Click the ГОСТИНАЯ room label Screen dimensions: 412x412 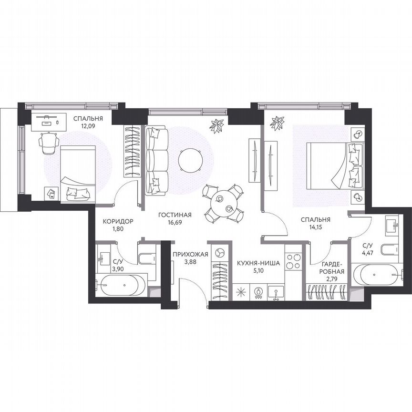pyautogui.click(x=175, y=215)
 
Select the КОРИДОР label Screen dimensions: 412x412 pyautogui.click(x=118, y=221)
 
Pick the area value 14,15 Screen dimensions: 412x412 pyautogui.click(x=315, y=227)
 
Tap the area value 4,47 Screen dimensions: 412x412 pyautogui.click(x=368, y=253)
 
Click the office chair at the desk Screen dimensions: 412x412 pyautogui.click(x=49, y=143)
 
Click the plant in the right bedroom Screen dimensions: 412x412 pyautogui.click(x=277, y=123)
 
